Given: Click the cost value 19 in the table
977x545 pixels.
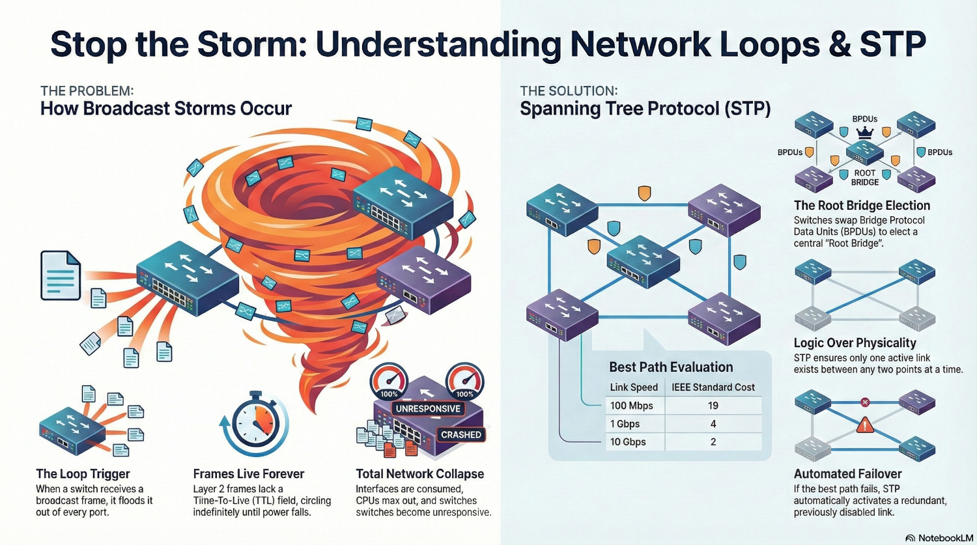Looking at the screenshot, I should [x=713, y=406].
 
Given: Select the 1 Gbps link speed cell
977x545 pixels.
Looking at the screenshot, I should [x=625, y=424].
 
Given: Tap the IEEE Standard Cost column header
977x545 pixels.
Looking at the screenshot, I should [x=713, y=387].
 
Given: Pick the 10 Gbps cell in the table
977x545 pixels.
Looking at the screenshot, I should [x=627, y=442].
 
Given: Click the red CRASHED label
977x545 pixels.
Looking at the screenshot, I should [x=460, y=434].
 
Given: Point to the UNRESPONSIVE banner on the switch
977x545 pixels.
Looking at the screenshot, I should [x=427, y=409].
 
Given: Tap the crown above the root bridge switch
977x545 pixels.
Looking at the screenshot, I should [x=864, y=133].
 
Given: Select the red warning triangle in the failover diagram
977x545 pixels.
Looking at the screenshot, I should [x=865, y=426].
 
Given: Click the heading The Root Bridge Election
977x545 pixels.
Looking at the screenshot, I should [x=861, y=206].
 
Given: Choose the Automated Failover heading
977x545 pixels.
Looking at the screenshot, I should [x=847, y=474].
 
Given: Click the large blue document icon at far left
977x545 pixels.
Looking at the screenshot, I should [x=61, y=275].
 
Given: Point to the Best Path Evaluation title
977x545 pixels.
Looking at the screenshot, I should [x=671, y=367].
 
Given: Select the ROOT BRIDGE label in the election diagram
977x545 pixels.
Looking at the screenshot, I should [x=864, y=178].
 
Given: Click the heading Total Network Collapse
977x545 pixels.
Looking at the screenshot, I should [x=419, y=474].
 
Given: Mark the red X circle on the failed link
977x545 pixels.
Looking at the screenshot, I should [x=865, y=402].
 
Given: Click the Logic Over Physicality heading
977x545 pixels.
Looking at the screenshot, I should [x=855, y=343].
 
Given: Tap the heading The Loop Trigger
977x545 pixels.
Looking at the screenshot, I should [x=83, y=474].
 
